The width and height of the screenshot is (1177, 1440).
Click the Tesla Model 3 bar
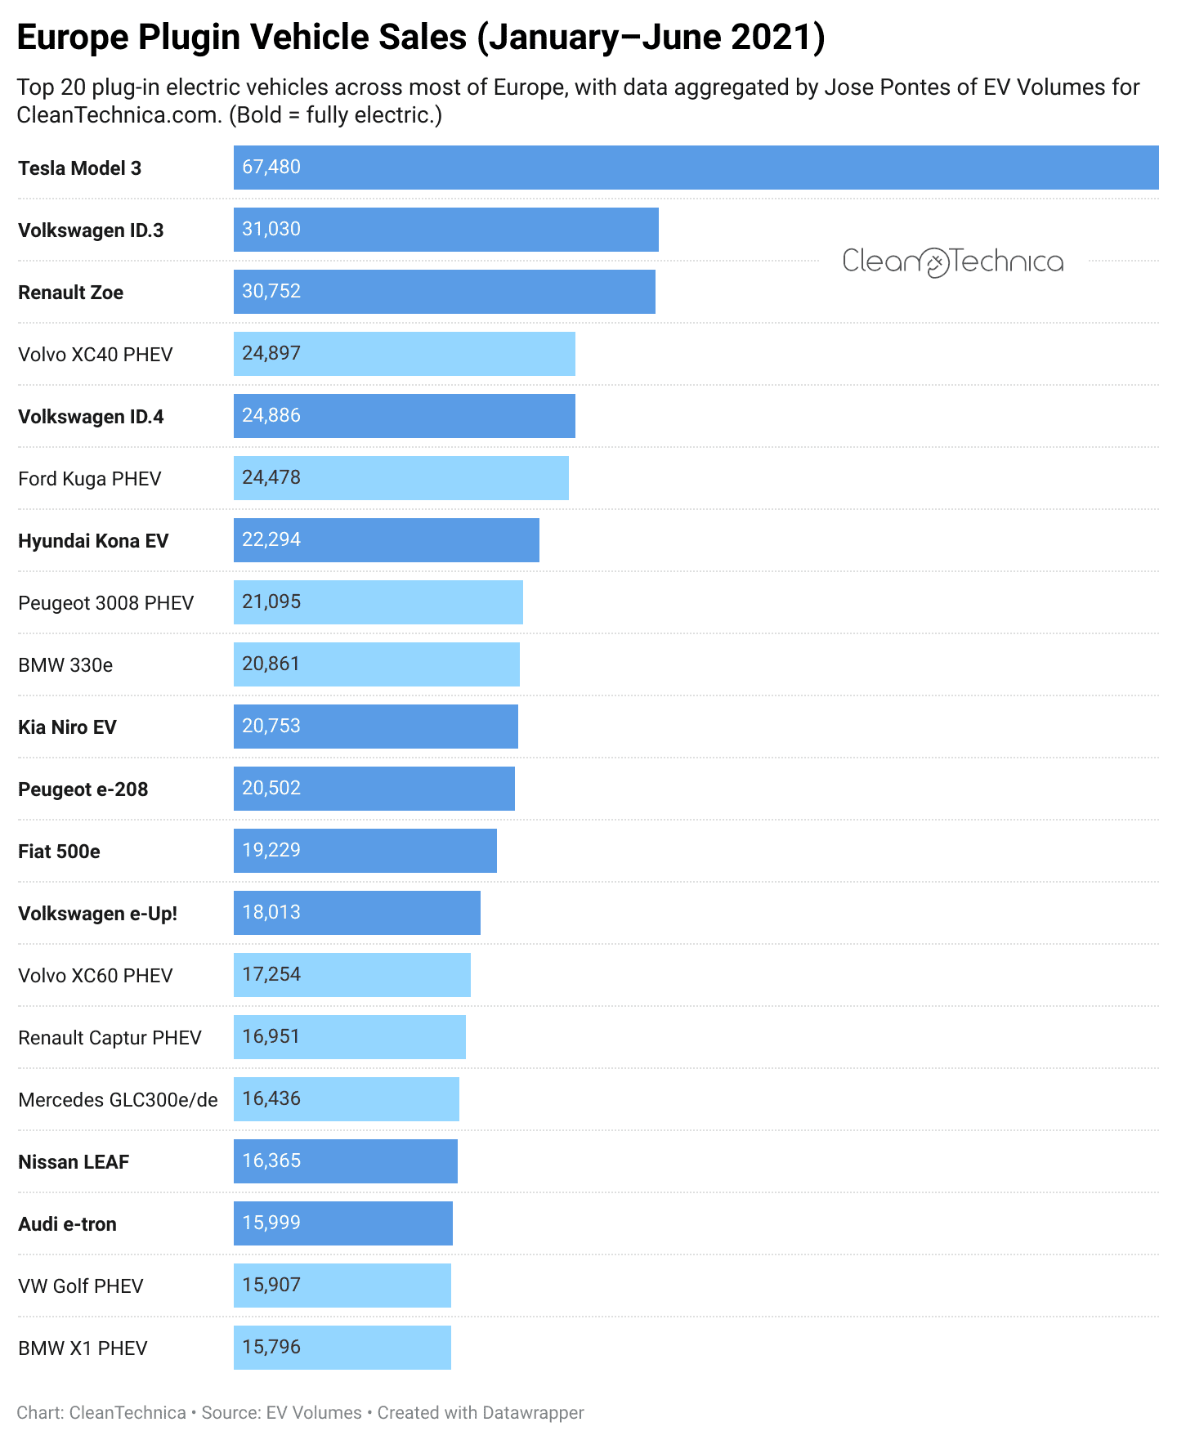[x=695, y=168]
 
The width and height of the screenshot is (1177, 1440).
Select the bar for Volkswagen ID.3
[x=445, y=230]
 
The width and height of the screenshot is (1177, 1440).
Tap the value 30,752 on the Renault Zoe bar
[x=271, y=292]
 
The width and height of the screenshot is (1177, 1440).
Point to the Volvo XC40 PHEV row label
[x=96, y=355]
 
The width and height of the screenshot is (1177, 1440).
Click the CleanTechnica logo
[x=952, y=262]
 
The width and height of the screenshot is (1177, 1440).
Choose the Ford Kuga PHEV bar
[x=401, y=478]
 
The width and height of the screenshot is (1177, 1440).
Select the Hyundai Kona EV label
[x=93, y=541]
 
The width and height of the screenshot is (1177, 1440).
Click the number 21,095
[x=271, y=602]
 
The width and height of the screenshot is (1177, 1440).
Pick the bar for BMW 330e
[x=376, y=664]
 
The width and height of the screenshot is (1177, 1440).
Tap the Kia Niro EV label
[x=67, y=727]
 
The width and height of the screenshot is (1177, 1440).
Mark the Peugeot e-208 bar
[x=374, y=789]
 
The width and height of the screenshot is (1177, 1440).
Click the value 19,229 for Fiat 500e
[x=271, y=851]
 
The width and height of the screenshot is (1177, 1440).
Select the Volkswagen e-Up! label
[x=97, y=914]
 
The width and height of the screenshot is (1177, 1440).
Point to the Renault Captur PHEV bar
[x=349, y=1037]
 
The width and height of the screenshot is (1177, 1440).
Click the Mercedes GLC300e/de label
[x=118, y=1100]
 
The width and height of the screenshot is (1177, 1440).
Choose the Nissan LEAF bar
[x=345, y=1161]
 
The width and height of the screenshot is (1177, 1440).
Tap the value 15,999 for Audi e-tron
[x=271, y=1223]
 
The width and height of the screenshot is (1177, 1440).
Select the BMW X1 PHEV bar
[x=342, y=1348]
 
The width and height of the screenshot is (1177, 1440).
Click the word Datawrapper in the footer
[x=532, y=1413]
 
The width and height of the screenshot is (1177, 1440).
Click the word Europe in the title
[x=72, y=38]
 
